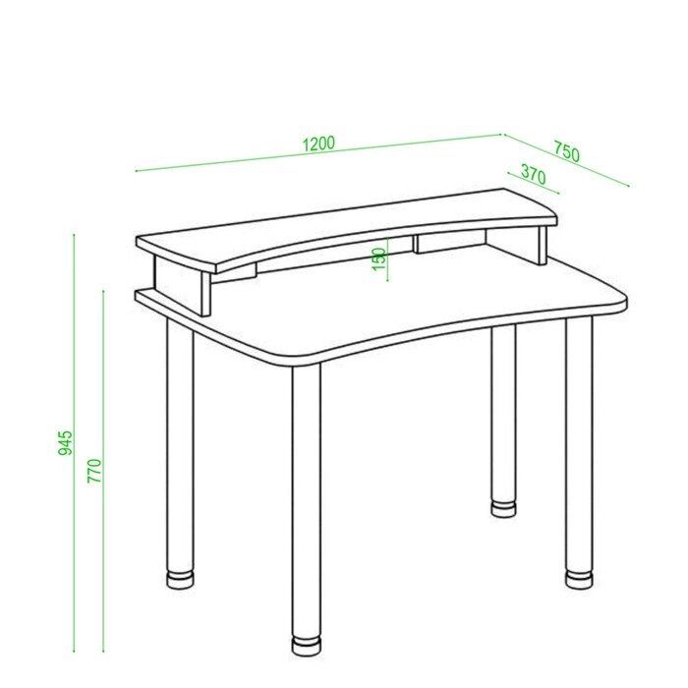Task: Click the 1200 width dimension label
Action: click(319, 143)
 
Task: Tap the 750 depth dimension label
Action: click(566, 151)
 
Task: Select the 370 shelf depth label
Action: click(533, 175)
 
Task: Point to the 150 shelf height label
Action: click(378, 258)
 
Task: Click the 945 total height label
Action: click(66, 442)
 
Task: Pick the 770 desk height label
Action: click(94, 471)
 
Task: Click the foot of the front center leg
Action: click(307, 646)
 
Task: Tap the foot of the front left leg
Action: click(180, 579)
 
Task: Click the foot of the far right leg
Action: click(579, 579)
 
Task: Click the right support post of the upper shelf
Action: click(543, 245)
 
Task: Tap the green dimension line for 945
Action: click(74, 443)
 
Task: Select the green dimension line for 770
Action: click(103, 471)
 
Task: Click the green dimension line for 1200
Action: click(318, 152)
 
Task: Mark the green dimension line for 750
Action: click(567, 159)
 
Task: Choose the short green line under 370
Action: click(533, 183)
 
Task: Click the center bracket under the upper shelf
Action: click(416, 244)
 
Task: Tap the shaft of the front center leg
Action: click(307, 500)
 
